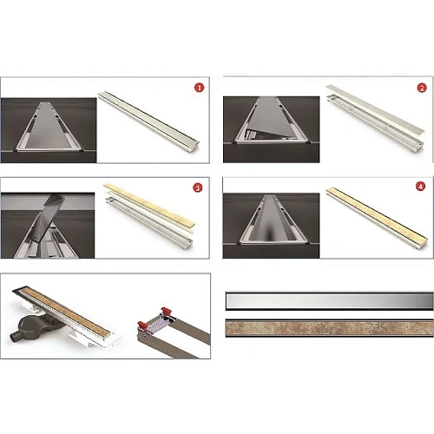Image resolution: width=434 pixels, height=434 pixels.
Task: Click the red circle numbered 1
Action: click(x=199, y=88)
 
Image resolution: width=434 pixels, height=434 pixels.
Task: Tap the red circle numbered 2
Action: click(x=422, y=88)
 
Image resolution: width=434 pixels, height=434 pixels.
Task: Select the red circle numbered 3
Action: click(x=198, y=188)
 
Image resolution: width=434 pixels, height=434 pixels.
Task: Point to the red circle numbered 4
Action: click(x=420, y=187)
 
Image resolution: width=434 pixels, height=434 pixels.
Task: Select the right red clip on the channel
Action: click(x=167, y=312)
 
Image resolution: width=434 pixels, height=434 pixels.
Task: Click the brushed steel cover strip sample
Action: click(x=330, y=301)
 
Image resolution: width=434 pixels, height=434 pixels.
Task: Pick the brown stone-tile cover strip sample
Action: click(x=330, y=328)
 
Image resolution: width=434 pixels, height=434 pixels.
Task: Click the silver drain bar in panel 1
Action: click(x=148, y=119)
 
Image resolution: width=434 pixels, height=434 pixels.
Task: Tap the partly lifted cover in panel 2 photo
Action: click(x=270, y=120)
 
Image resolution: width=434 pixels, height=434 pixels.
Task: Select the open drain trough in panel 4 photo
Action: click(x=273, y=220)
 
